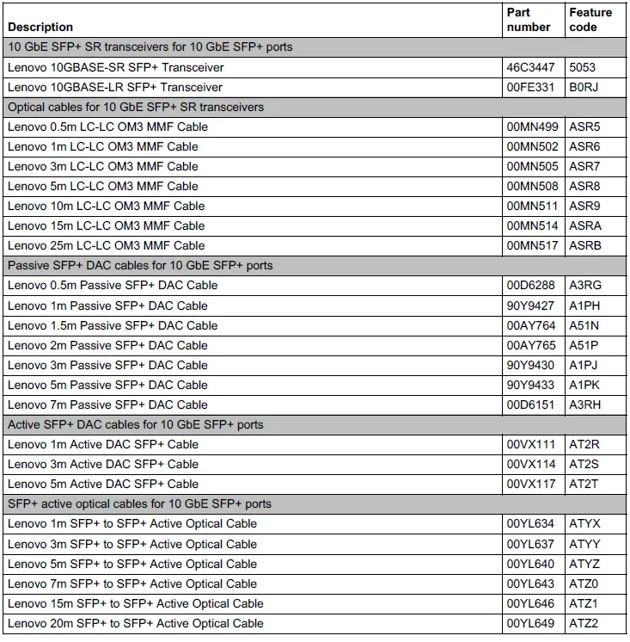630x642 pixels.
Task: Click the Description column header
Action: (x=40, y=27)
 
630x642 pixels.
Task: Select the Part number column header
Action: (x=529, y=20)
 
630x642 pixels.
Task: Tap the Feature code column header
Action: (x=590, y=20)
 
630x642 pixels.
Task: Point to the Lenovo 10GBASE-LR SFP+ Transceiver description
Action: (x=115, y=87)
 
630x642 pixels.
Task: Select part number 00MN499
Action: (x=533, y=127)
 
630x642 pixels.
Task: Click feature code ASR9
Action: (x=584, y=206)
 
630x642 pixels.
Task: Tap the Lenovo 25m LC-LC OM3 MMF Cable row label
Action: (x=107, y=245)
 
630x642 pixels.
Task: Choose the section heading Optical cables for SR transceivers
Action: (x=136, y=107)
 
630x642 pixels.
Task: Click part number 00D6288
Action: (x=531, y=285)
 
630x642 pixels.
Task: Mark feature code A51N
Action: (x=584, y=325)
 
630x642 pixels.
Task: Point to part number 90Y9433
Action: (x=531, y=385)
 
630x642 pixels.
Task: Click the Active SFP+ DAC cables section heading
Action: (x=136, y=424)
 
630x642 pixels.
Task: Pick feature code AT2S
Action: (x=584, y=464)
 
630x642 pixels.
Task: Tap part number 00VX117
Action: (x=532, y=484)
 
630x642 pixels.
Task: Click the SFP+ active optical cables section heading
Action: (x=139, y=503)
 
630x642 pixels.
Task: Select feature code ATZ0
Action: (x=584, y=583)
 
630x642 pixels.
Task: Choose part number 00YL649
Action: (x=532, y=623)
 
